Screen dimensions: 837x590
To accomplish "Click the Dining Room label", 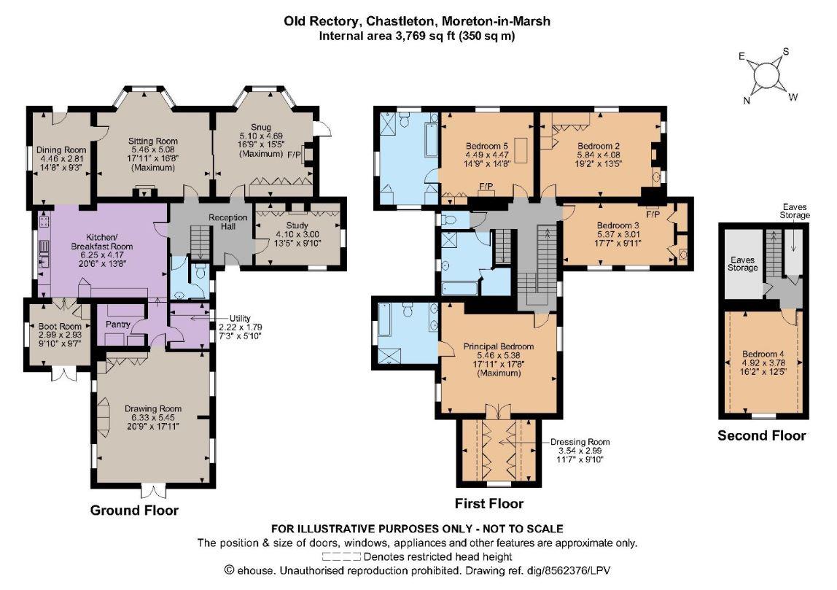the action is (61, 150).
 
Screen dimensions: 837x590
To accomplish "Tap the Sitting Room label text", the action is (152, 141).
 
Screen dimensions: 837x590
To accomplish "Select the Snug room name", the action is (260, 127).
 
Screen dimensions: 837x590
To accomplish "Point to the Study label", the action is (297, 225).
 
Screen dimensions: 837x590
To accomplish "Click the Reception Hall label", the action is (228, 222).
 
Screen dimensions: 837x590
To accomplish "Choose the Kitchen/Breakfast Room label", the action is (102, 242).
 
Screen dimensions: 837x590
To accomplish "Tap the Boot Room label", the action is (60, 326).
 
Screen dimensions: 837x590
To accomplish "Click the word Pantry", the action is (118, 324).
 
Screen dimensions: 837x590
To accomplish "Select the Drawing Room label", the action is (153, 408).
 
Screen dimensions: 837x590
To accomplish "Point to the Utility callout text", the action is (240, 318).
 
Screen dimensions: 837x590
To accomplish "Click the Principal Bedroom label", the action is (499, 346).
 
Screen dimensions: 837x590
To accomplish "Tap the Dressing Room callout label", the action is (580, 442).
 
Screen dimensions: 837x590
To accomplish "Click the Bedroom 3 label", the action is (618, 225).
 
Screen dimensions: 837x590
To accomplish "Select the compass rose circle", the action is (767, 74).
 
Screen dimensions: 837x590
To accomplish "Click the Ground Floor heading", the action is (134, 510).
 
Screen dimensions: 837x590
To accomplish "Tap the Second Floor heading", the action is (762, 435).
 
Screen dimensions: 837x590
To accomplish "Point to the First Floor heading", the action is (489, 503).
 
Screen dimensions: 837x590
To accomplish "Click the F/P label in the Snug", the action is (294, 155).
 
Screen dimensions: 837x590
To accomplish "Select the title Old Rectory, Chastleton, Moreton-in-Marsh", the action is (417, 21).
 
